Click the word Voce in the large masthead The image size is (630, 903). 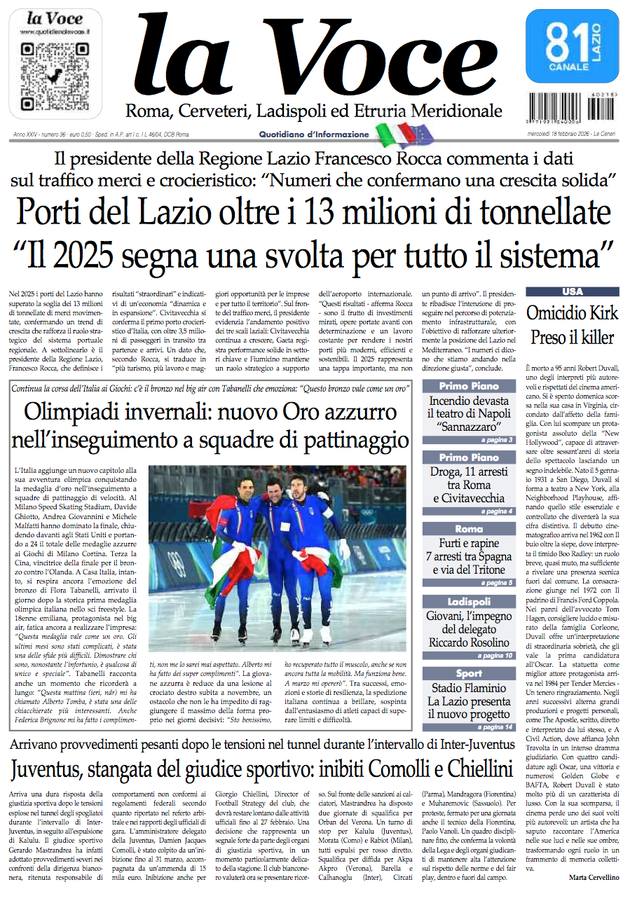pyautogui.click(x=383, y=60)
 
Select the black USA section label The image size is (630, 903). pyautogui.click(x=572, y=291)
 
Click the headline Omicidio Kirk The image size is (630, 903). pyautogui.click(x=572, y=313)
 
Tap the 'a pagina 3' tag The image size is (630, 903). pyautogui.click(x=497, y=440)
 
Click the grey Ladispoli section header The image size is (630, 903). pyautogui.click(x=469, y=602)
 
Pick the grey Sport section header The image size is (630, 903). pyautogui.click(x=469, y=674)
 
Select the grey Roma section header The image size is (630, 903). pyautogui.click(x=469, y=529)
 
